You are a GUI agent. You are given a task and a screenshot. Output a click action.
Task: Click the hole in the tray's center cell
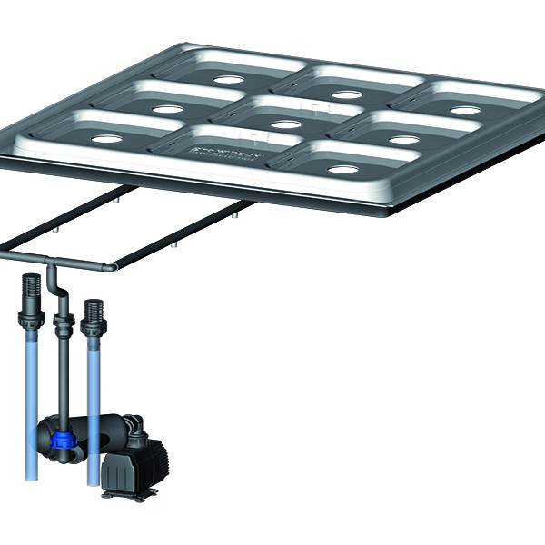pos(285,124)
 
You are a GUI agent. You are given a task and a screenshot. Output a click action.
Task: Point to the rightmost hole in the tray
pos(464,110)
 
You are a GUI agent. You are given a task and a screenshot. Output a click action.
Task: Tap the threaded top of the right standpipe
pos(91,311)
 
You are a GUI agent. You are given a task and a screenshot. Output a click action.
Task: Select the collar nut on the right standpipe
pos(91,338)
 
